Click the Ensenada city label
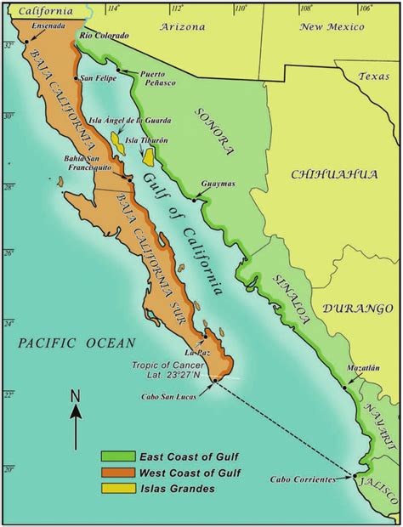(48, 26)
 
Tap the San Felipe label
(99, 78)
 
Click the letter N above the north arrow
(75, 395)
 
